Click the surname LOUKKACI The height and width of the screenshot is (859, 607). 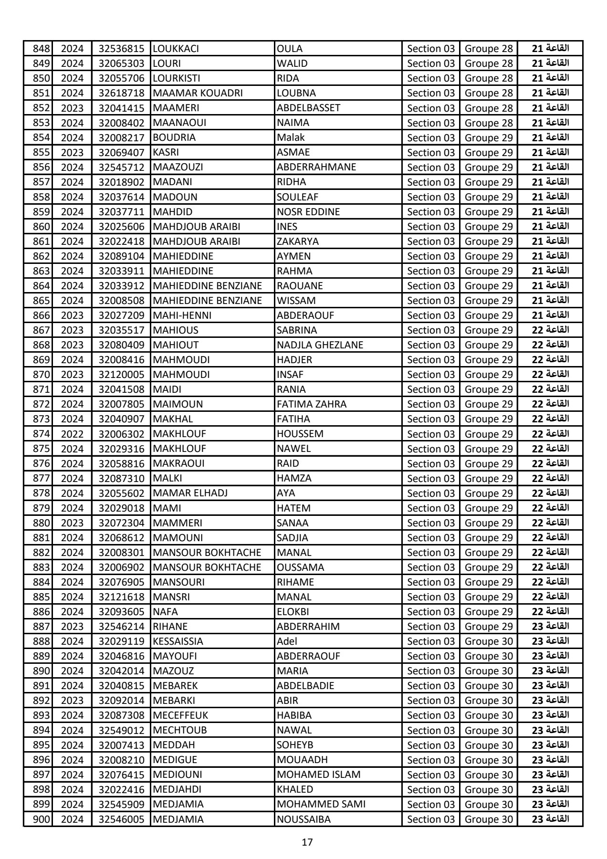click(x=176, y=49)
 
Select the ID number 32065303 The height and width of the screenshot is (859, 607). click(x=121, y=63)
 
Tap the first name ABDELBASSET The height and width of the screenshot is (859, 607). click(x=308, y=108)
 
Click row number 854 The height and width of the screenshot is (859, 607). click(x=42, y=137)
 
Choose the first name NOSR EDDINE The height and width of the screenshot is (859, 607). click(x=308, y=211)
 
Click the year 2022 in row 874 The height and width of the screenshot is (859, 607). click(x=72, y=434)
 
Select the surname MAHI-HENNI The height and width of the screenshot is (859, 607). click(x=182, y=315)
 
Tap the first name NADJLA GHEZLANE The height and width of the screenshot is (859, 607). click(x=320, y=345)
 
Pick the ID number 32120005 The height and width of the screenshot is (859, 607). click(x=121, y=375)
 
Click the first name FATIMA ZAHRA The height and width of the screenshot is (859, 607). click(x=312, y=404)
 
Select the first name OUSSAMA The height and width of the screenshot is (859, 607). click(x=300, y=567)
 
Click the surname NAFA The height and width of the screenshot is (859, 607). click(x=165, y=612)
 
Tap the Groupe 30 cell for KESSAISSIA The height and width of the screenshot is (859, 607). click(x=489, y=641)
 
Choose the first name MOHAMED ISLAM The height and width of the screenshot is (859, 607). click(x=318, y=775)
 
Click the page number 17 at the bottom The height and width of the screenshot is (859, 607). click(x=307, y=842)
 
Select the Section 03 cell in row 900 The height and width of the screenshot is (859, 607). click(x=431, y=819)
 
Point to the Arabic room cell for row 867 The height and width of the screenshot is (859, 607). click(x=550, y=330)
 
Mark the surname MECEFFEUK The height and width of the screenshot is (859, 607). click(x=180, y=715)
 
